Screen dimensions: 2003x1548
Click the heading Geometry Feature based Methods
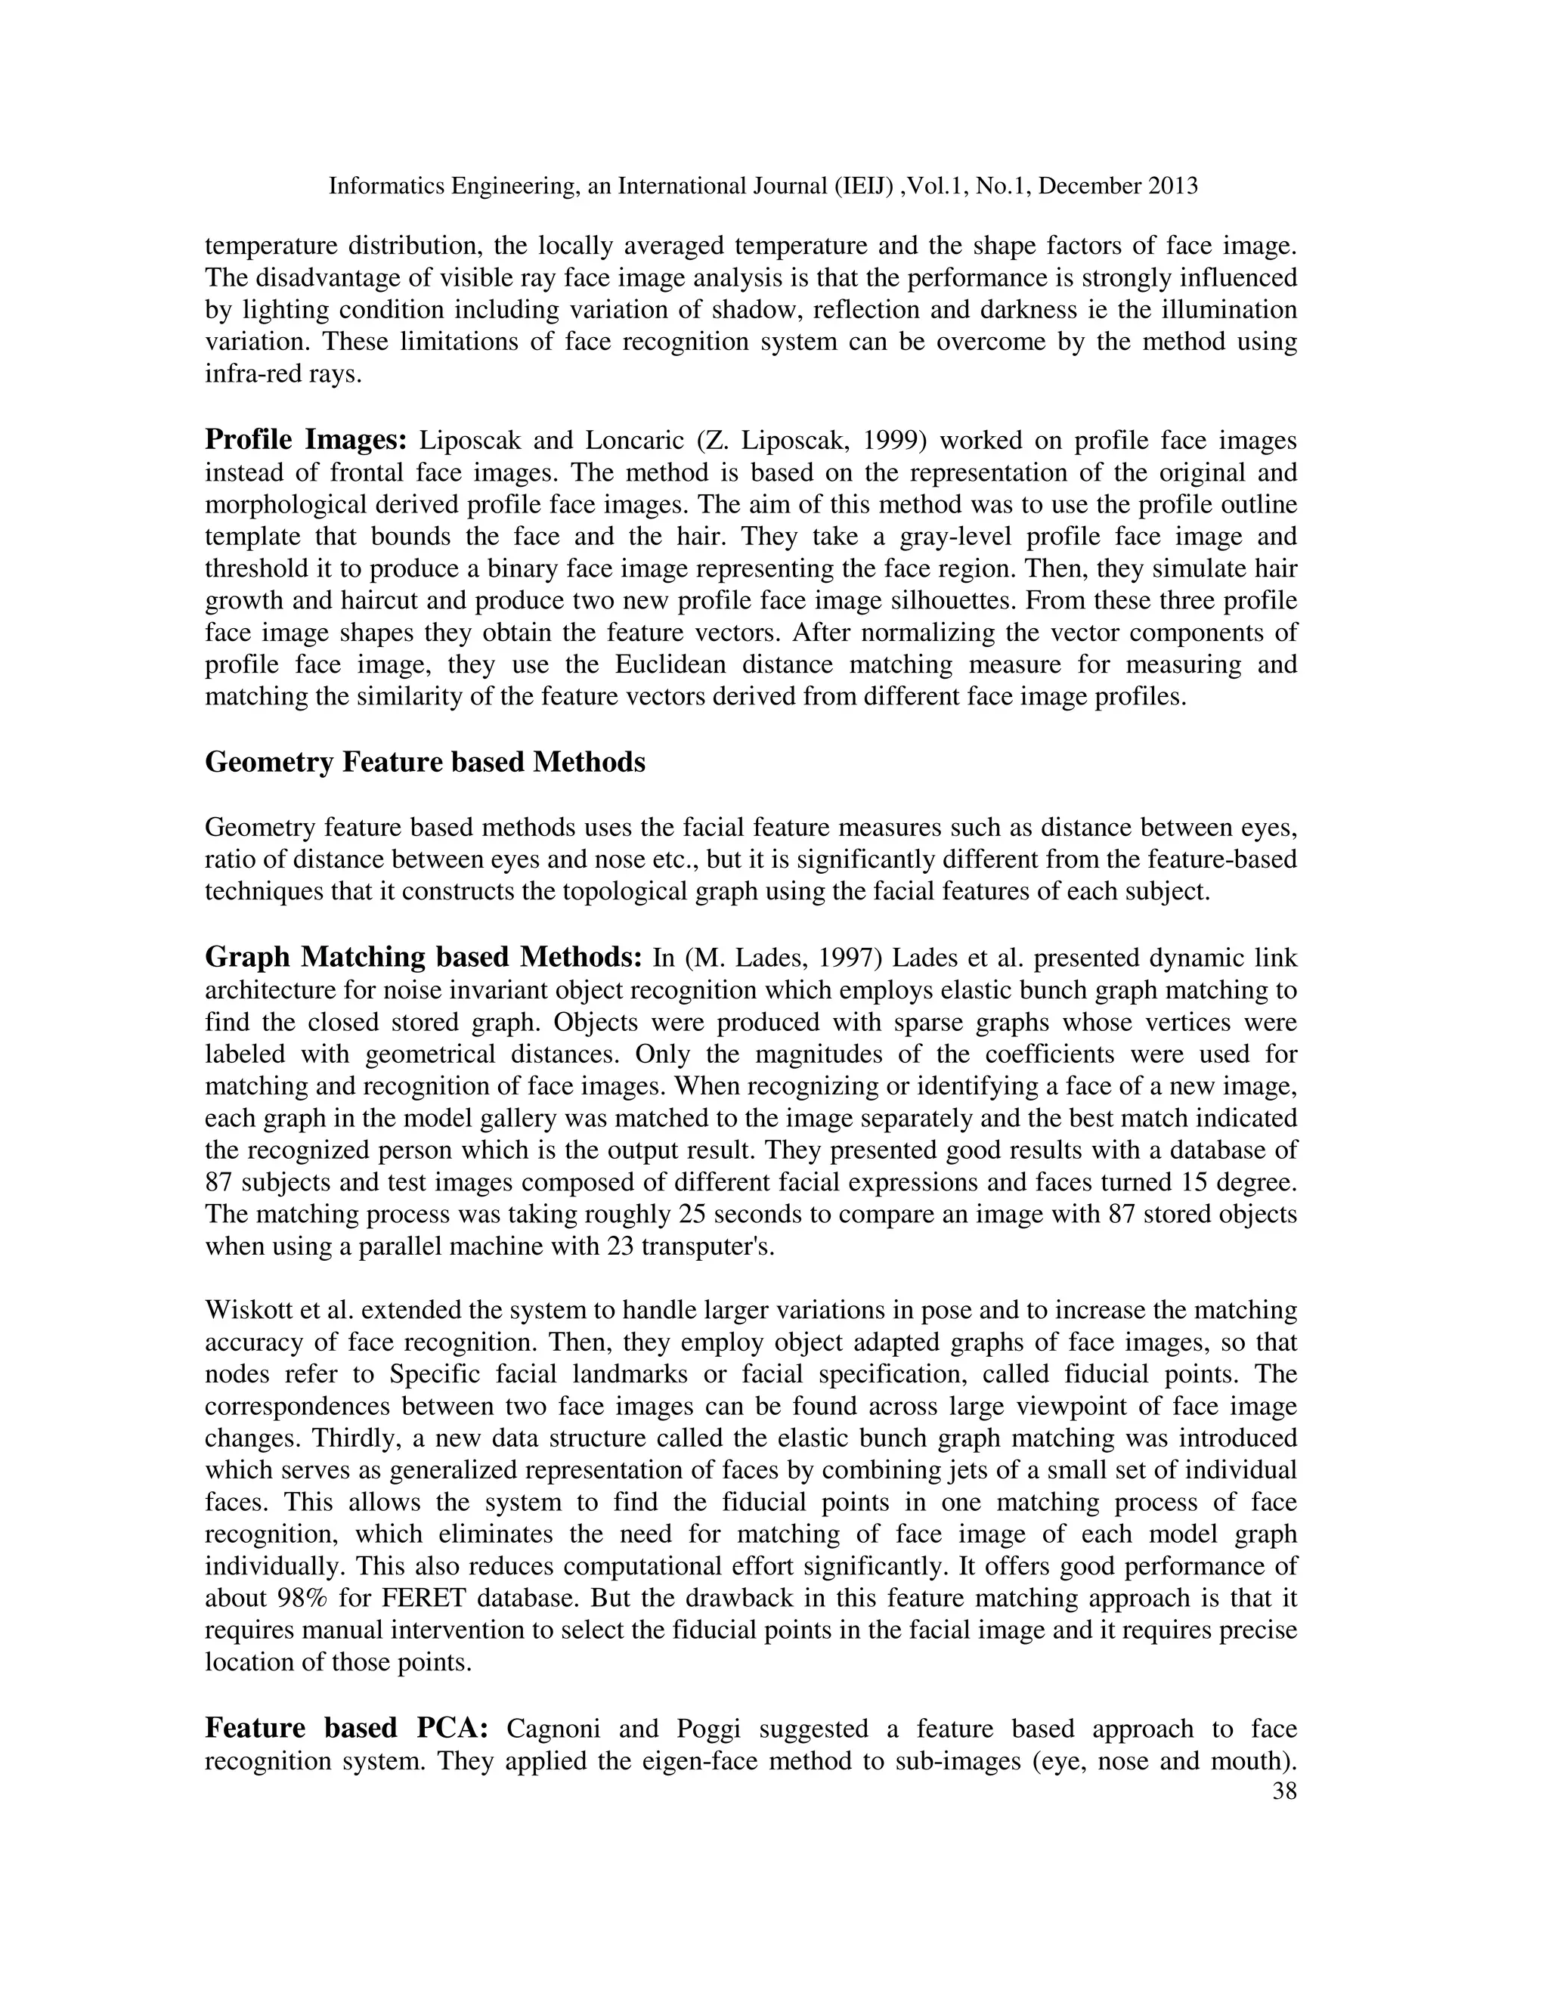coord(425,762)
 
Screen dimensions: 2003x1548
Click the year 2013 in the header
coord(1170,186)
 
